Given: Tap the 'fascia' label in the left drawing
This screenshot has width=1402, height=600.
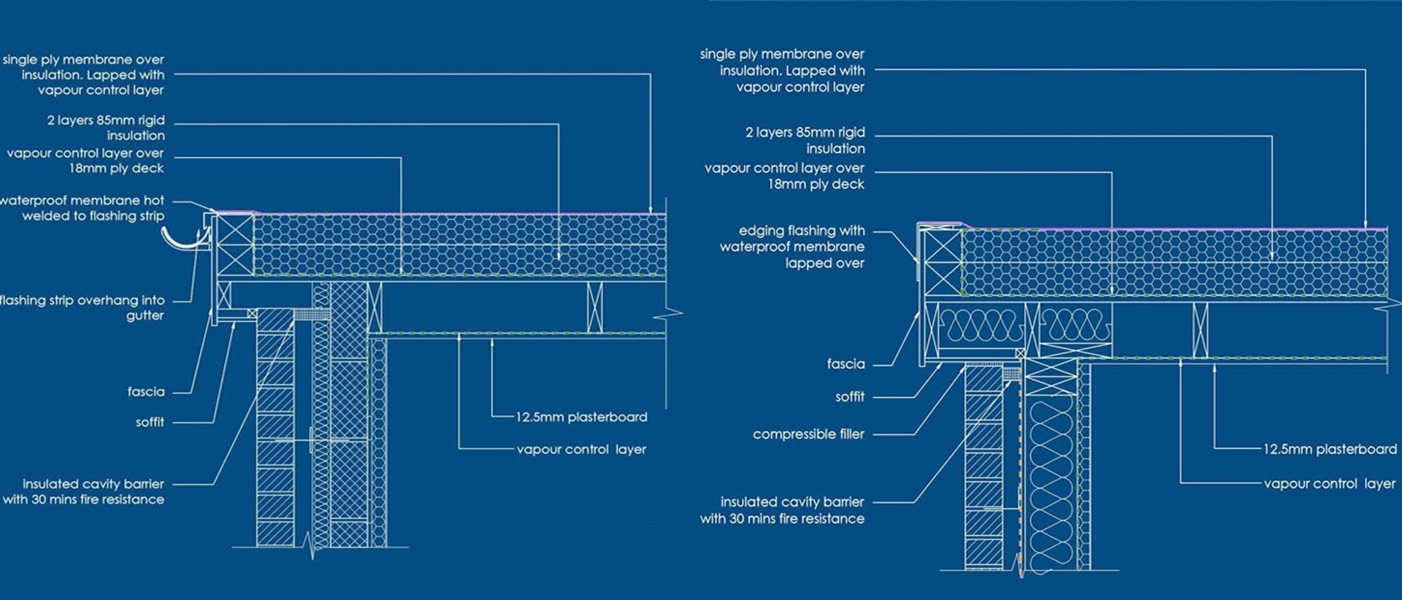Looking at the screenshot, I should point(146,392).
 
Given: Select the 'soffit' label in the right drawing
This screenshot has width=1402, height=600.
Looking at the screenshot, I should point(849,397).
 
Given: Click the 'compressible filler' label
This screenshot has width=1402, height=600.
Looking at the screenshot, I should point(808,434).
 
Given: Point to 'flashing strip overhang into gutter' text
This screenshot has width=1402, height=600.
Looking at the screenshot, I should point(83,308).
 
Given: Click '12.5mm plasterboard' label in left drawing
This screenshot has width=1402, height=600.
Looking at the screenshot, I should point(581,418).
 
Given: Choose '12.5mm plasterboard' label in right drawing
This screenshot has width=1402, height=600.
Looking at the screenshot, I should point(1330,450).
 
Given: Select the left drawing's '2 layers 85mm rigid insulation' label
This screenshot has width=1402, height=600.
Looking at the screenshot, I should point(106,128).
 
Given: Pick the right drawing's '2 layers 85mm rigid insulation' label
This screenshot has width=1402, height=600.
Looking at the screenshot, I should point(805,140).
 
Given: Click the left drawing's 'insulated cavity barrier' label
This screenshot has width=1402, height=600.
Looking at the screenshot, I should point(84,492).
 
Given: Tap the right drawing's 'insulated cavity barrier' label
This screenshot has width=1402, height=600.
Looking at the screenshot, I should point(783,510).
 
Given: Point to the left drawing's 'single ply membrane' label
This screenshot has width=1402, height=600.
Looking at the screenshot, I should point(83,74).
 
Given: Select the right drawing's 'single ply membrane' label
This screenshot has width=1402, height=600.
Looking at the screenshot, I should point(782,70).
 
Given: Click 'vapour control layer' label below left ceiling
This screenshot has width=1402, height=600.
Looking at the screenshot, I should point(581,450).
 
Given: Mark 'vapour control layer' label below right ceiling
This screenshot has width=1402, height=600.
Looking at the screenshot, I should point(1329,484).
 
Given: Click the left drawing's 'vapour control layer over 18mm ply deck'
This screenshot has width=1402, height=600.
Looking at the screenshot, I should point(85,161).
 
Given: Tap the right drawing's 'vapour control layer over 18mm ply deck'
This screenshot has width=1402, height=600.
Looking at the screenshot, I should point(784,176).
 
